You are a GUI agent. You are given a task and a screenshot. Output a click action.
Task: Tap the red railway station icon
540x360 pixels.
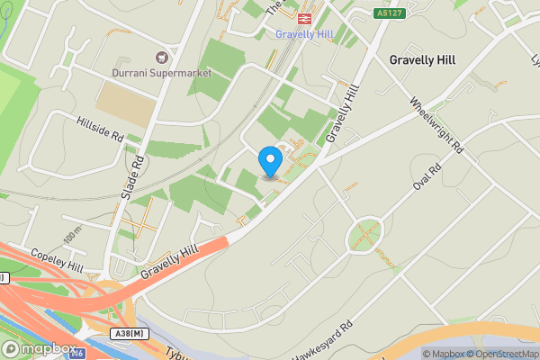coord(304,16)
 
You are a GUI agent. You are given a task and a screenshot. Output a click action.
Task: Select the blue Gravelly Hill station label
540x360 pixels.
coord(304,33)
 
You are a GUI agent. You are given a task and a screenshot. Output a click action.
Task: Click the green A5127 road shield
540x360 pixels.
coord(388,13)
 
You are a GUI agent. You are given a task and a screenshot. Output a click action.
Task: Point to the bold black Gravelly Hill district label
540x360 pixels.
coord(422,59)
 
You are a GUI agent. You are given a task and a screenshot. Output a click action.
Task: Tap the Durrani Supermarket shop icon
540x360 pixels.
coord(162,56)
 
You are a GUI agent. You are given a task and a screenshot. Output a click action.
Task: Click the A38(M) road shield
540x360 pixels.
coord(131,333)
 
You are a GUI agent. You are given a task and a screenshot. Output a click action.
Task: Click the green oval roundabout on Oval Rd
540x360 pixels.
coord(365,236)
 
